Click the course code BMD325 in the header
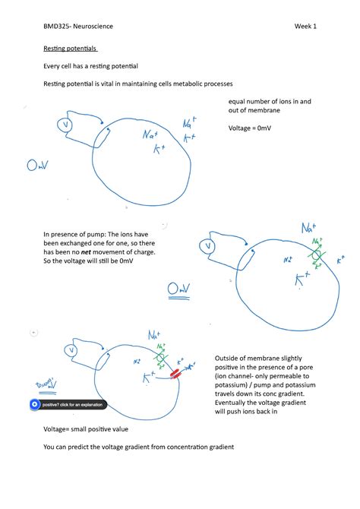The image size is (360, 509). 57,27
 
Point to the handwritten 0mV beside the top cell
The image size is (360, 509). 37,165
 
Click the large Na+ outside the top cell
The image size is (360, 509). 191,123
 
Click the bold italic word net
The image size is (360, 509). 97,251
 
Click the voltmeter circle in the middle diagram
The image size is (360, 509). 207,245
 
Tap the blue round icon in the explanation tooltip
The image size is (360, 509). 34,405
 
